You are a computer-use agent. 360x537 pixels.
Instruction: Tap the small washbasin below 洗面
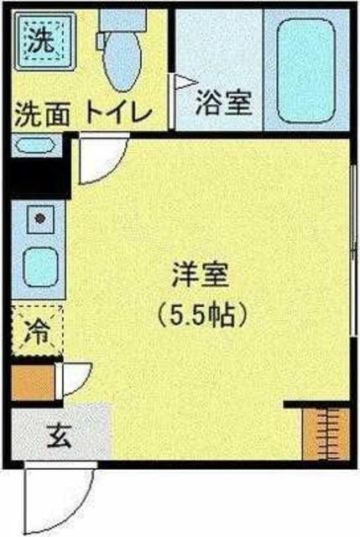point(34,145)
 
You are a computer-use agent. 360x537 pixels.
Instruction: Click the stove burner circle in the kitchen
point(39,219)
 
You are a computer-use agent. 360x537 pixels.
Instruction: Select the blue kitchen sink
point(38,267)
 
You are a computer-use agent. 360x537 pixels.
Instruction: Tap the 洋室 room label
point(200,274)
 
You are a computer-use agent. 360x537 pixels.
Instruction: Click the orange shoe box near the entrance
point(34,382)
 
